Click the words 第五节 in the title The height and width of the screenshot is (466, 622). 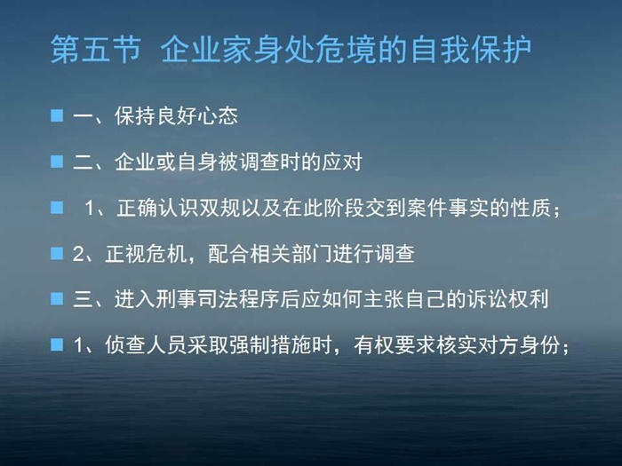(x=96, y=50)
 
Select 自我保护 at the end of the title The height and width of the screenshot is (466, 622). (x=471, y=50)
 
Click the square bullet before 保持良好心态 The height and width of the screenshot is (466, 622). (x=57, y=115)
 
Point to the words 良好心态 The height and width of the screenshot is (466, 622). (x=197, y=115)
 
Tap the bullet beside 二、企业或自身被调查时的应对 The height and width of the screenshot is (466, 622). (x=57, y=162)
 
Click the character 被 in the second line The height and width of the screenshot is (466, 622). (x=229, y=162)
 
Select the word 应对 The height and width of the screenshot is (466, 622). (x=342, y=162)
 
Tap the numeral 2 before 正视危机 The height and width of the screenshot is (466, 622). (x=78, y=254)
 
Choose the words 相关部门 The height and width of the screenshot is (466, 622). (x=291, y=254)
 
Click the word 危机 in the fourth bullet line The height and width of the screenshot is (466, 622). (x=167, y=254)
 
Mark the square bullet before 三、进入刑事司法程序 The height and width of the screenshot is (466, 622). (x=57, y=298)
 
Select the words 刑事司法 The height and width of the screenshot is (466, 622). (x=196, y=299)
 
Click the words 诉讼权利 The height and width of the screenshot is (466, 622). (x=508, y=299)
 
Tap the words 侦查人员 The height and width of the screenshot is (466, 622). (x=146, y=344)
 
